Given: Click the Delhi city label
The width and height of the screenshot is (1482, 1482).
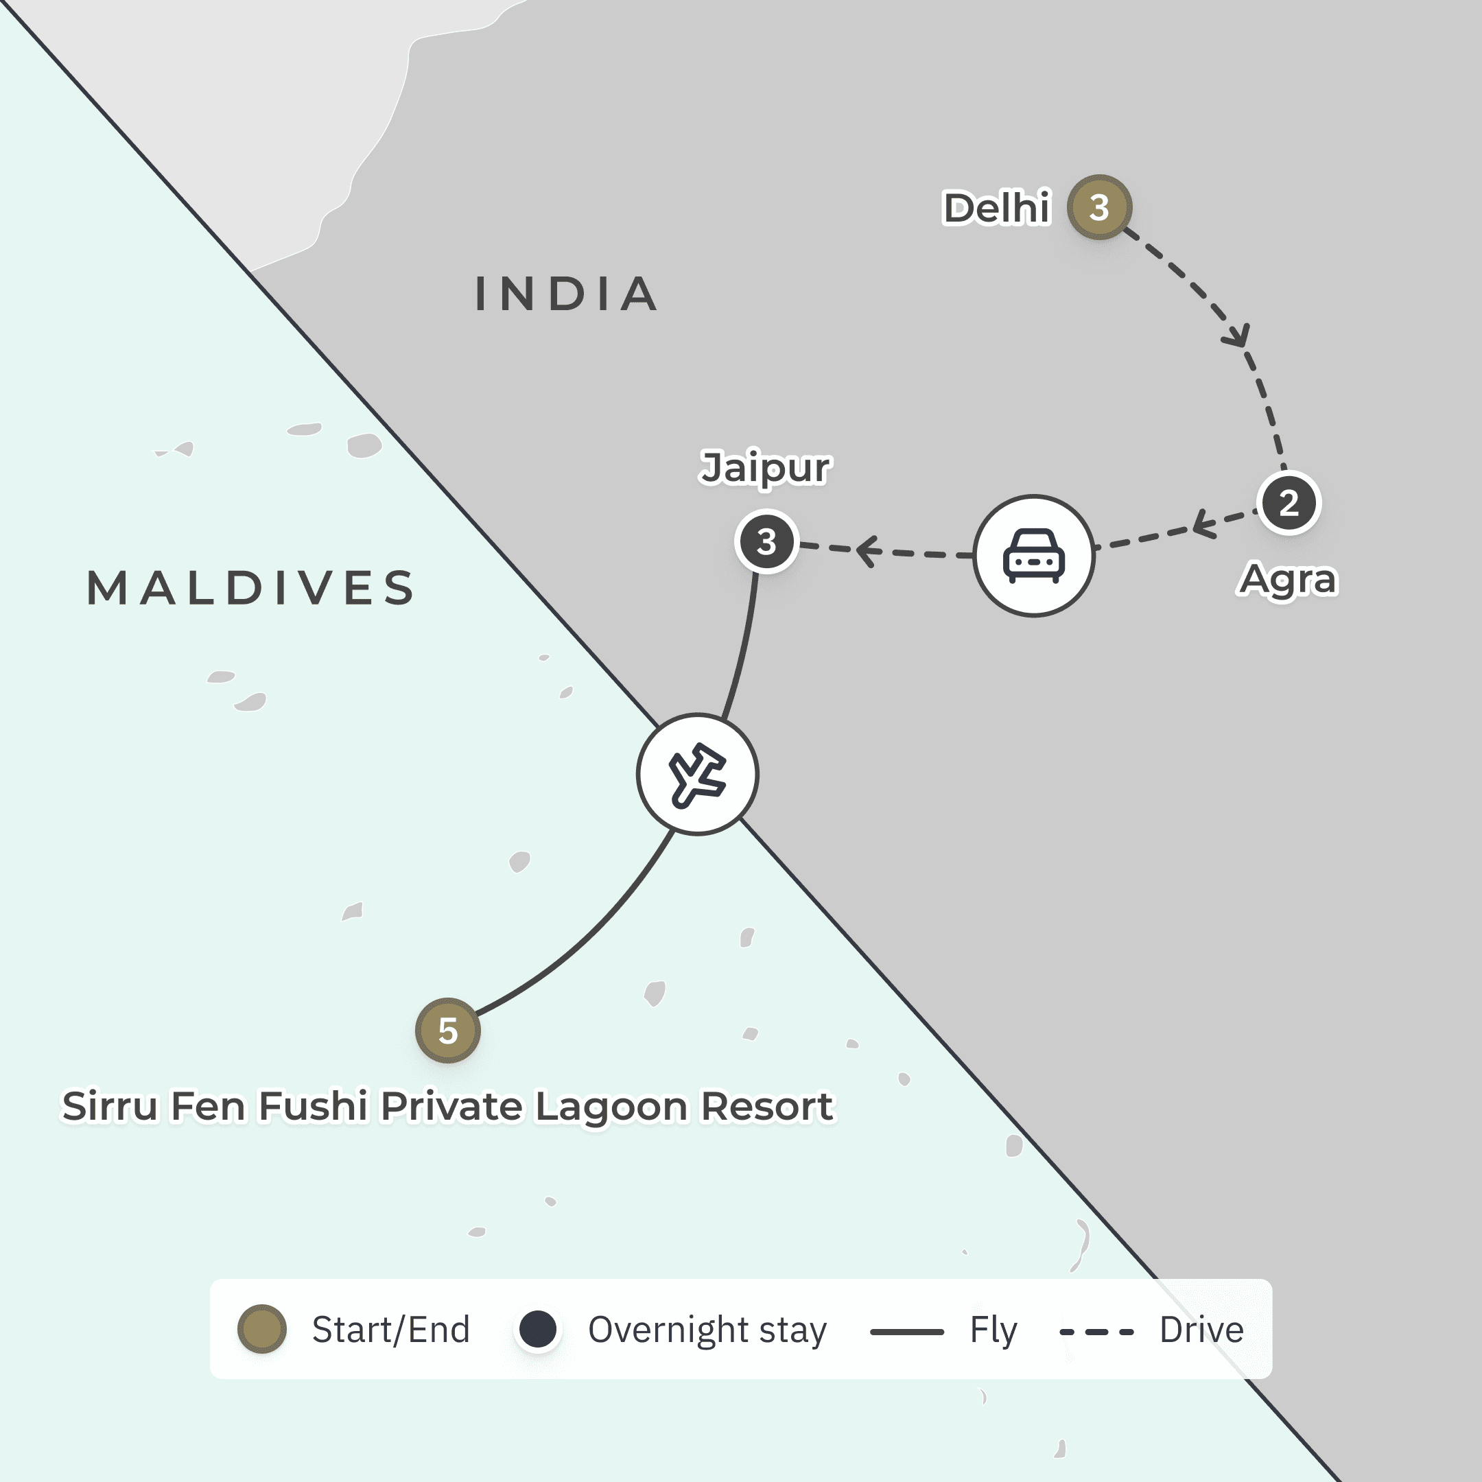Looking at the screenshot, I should tap(996, 208).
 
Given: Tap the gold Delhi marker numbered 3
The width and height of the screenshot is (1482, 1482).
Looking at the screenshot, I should tap(1099, 207).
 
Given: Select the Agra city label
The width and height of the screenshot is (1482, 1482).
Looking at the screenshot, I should tap(1288, 579).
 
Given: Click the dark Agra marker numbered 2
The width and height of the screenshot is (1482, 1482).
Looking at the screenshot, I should tap(1289, 503).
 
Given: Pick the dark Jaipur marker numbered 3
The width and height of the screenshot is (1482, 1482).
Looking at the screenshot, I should tap(766, 541).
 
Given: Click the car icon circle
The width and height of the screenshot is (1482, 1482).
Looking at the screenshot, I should tap(1034, 555).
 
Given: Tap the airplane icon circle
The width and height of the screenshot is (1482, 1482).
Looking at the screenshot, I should tap(697, 774).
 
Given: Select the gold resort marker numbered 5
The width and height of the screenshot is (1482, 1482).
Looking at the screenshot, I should tap(448, 1030).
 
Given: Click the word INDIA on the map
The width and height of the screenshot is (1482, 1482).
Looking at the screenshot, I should tap(567, 294).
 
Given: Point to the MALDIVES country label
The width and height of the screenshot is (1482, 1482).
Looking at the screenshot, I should tap(252, 589).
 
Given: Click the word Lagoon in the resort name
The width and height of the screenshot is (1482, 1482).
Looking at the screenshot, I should tap(611, 1107).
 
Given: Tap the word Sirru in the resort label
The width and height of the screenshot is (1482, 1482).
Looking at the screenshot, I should tap(110, 1106).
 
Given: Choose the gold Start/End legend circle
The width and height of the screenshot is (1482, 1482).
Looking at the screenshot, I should tap(261, 1328).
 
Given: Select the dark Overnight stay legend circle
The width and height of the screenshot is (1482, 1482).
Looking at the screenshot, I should tap(538, 1328).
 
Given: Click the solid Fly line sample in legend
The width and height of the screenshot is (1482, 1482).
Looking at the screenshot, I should tap(906, 1332).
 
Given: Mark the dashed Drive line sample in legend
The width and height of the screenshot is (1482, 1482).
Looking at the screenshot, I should tap(1096, 1332).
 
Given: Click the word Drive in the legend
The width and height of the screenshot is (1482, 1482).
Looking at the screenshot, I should tap(1201, 1330).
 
